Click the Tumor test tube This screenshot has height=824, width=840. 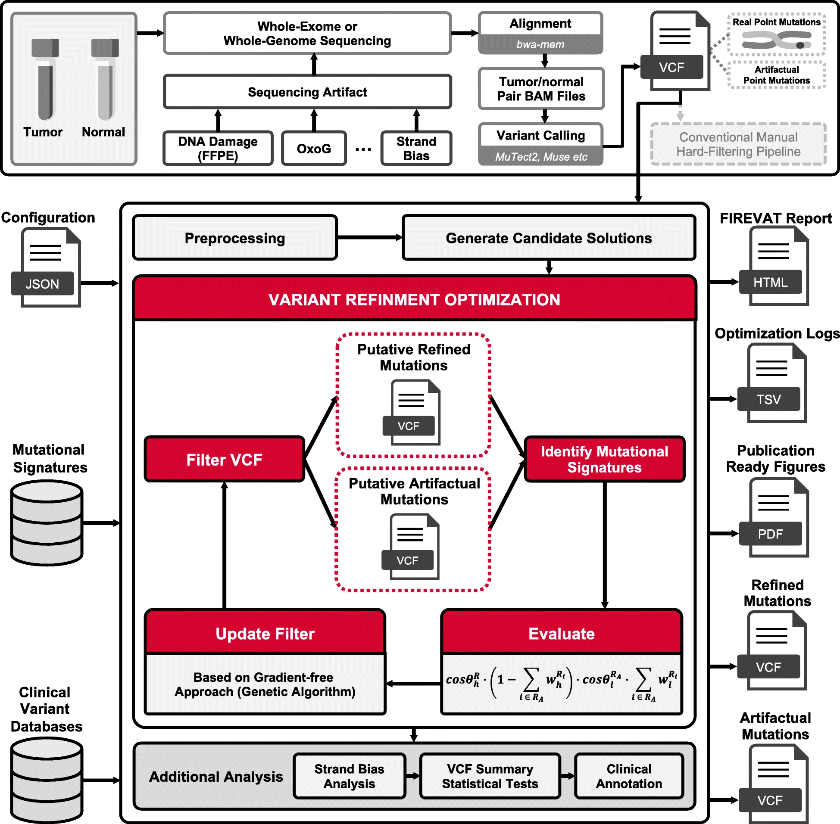(45, 79)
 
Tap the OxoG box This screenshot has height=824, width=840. (314, 149)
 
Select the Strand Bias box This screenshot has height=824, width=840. (416, 149)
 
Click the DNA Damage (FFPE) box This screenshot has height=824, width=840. (218, 149)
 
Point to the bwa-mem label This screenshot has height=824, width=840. (540, 44)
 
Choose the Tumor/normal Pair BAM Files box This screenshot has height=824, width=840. (541, 89)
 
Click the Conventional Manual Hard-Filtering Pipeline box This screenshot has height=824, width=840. (738, 144)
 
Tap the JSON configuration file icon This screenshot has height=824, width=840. (47, 268)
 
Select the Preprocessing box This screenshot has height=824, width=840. (235, 238)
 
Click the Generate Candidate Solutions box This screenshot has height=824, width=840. (549, 238)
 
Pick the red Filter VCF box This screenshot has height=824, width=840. (224, 459)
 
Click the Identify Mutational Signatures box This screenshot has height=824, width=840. (604, 459)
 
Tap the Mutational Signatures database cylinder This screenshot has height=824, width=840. (47, 523)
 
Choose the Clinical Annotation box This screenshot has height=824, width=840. (629, 776)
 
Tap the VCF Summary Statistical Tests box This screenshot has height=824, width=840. (490, 776)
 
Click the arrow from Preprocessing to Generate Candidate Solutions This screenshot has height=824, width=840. (370, 237)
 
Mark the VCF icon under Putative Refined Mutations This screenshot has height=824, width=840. (411, 413)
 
